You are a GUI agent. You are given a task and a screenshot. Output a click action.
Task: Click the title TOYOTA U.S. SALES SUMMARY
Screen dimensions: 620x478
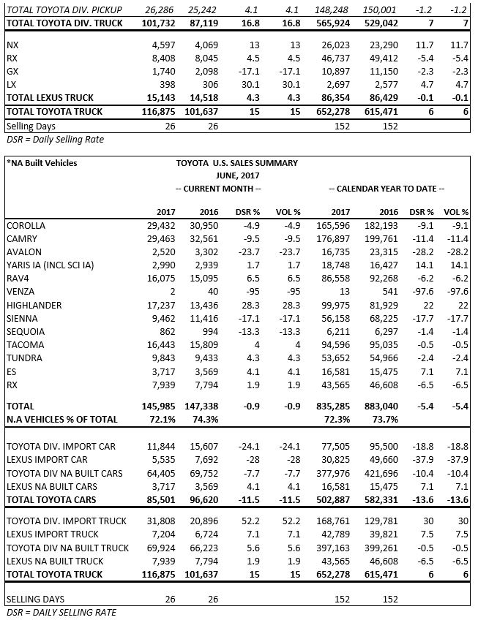pyautogui.click(x=237, y=163)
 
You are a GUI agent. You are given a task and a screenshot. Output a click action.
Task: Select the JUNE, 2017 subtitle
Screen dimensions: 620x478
pyautogui.click(x=237, y=175)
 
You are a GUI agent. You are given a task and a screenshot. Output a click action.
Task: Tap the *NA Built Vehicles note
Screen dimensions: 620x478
pyautogui.click(x=41, y=163)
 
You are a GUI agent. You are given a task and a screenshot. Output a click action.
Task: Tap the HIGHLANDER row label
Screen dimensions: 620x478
pyautogui.click(x=34, y=305)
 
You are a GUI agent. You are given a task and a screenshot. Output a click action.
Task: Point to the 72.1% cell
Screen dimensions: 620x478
pyautogui.click(x=162, y=418)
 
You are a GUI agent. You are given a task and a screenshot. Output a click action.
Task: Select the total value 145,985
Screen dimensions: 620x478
pyautogui.click(x=160, y=405)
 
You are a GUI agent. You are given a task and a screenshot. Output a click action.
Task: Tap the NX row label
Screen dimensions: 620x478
pyautogui.click(x=12, y=45)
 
